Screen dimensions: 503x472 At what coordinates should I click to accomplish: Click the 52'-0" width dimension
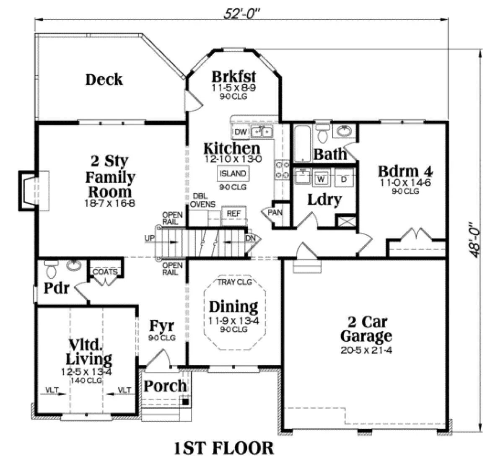[x=241, y=14]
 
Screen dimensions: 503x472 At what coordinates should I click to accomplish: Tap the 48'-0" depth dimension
[x=473, y=240]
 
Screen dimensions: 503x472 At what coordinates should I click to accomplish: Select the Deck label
[x=104, y=80]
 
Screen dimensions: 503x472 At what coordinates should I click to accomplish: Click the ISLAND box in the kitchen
[x=233, y=174]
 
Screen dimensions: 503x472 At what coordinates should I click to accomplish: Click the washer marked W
[x=321, y=179]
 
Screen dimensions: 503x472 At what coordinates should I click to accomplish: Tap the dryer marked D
[x=343, y=179]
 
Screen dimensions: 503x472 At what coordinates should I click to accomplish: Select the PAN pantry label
[x=275, y=212]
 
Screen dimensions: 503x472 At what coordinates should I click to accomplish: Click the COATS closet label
[x=105, y=272]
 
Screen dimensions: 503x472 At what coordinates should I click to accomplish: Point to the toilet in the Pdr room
[x=51, y=269]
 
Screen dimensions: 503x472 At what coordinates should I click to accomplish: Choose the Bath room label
[x=330, y=154]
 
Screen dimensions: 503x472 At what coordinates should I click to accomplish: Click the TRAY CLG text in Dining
[x=235, y=282]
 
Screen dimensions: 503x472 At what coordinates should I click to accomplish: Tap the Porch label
[x=165, y=386]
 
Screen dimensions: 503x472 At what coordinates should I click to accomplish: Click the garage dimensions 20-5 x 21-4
[x=366, y=350]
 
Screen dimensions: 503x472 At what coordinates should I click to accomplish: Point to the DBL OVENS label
[x=202, y=200]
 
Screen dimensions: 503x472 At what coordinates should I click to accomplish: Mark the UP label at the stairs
[x=149, y=238]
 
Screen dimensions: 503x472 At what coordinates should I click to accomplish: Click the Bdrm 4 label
[x=405, y=171]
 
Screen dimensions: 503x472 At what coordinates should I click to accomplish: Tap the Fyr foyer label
[x=161, y=326]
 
